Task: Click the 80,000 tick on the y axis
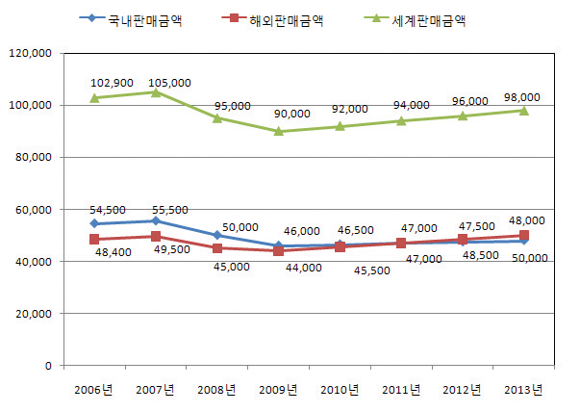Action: pyautogui.click(x=37, y=157)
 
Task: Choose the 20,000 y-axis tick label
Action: pyautogui.click(x=37, y=314)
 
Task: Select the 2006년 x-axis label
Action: pyautogui.click(x=94, y=389)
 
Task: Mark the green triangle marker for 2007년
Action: pyautogui.click(x=156, y=92)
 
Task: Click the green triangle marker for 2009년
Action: pyautogui.click(x=279, y=131)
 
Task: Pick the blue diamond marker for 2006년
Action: pyautogui.click(x=94, y=223)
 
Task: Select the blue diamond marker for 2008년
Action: pyautogui.click(x=217, y=235)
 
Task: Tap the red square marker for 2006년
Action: pyautogui.click(x=94, y=239)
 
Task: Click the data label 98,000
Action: pyautogui.click(x=522, y=97)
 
